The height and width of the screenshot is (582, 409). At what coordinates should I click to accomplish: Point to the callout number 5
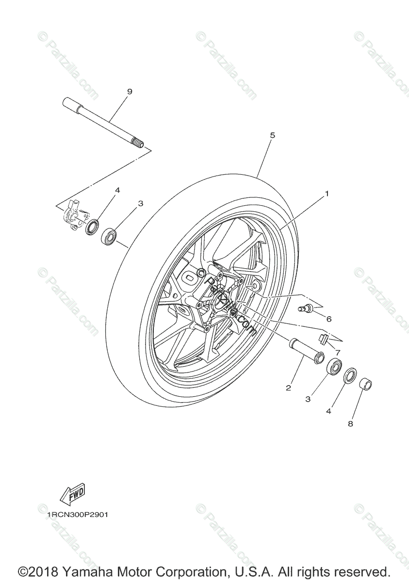click(272, 135)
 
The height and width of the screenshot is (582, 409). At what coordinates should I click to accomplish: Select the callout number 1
click(327, 194)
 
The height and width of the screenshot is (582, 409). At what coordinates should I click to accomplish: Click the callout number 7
click(338, 352)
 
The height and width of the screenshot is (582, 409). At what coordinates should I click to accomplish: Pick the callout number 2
click(288, 388)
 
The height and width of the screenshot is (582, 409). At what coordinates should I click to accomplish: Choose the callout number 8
click(350, 423)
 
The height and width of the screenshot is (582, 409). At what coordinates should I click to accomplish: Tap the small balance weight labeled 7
click(324, 337)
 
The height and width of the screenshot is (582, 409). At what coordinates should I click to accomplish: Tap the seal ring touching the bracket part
click(92, 226)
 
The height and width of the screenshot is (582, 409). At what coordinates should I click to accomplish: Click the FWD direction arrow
click(71, 494)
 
